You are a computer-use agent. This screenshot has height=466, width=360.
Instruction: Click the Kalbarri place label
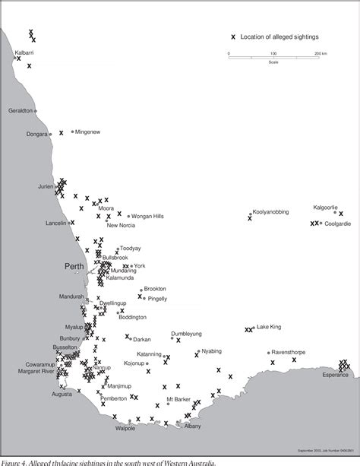point(22,52)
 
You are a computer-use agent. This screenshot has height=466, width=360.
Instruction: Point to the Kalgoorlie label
point(330,207)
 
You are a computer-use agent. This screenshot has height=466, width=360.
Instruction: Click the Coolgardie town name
point(338,223)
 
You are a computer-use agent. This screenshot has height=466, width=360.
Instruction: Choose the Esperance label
point(334,376)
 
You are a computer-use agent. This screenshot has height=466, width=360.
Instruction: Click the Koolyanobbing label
point(271,212)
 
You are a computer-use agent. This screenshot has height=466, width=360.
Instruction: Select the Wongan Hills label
point(147,216)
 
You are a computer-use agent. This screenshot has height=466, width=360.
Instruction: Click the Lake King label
point(269,327)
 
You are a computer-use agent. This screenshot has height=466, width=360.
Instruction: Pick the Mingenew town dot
point(73,132)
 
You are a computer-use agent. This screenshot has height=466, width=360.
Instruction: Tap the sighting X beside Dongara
point(61,133)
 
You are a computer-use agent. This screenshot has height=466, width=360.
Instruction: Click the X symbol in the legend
point(233,36)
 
